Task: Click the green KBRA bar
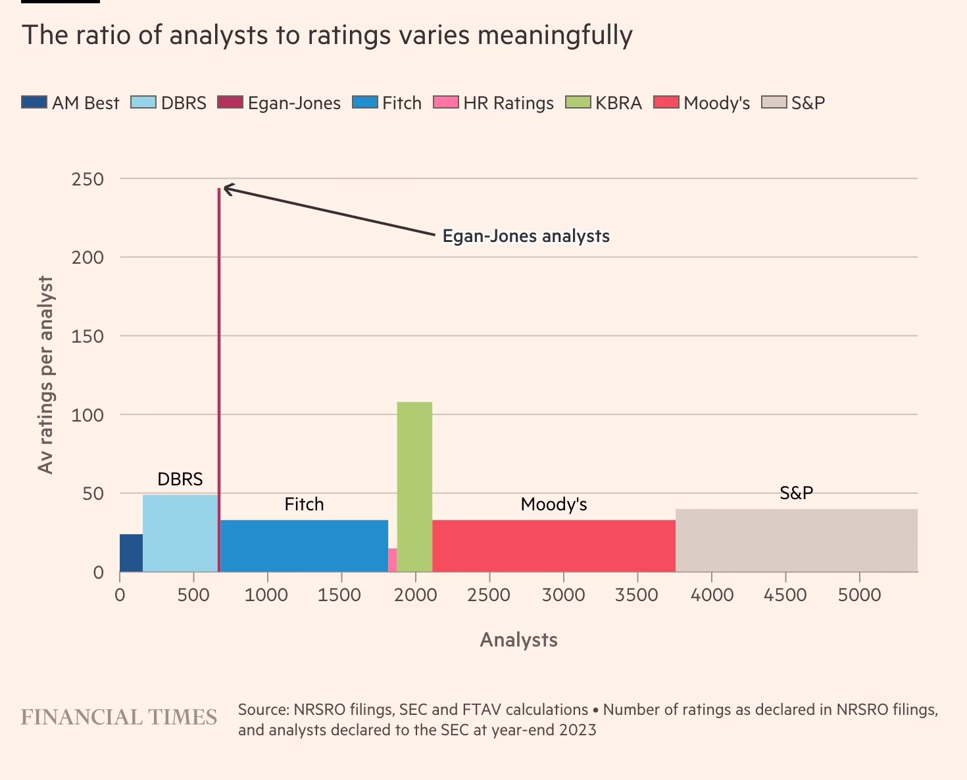(414, 487)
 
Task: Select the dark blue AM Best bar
(131, 553)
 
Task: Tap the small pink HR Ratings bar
(392, 560)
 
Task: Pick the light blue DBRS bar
(180, 533)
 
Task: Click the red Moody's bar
(553, 546)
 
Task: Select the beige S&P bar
(796, 541)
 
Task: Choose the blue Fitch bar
(304, 546)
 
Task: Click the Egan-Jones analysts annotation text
(526, 236)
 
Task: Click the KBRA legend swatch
(578, 103)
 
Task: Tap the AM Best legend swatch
(34, 103)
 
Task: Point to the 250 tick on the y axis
(88, 179)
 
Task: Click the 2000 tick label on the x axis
(415, 595)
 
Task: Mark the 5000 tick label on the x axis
(859, 595)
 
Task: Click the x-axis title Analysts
(518, 640)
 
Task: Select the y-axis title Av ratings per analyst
(45, 375)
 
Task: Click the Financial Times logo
(119, 718)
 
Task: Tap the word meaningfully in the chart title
(555, 35)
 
